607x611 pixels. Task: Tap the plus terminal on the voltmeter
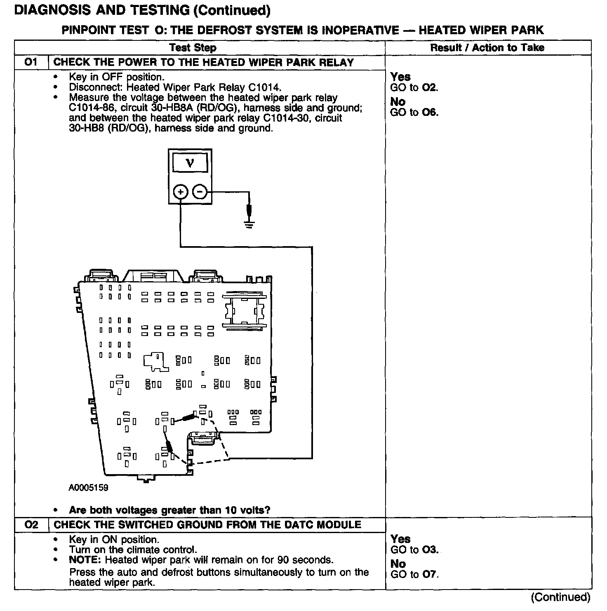click(180, 192)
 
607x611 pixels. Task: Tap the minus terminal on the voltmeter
click(200, 192)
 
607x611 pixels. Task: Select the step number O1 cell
click(31, 62)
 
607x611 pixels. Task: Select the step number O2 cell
click(31, 524)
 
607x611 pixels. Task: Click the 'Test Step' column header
click(193, 48)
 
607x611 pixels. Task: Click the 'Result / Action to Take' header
click(487, 48)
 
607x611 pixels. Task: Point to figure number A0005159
click(88, 488)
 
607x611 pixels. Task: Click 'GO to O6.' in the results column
click(414, 113)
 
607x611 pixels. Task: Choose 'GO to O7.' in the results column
click(414, 574)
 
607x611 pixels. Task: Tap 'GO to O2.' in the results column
click(414, 87)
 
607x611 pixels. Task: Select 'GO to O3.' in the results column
click(414, 550)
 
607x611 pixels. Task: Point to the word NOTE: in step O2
click(85, 560)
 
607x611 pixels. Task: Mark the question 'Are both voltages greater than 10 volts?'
click(169, 510)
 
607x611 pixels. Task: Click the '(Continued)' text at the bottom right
click(560, 597)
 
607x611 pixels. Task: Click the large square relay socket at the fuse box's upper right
click(244, 311)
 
